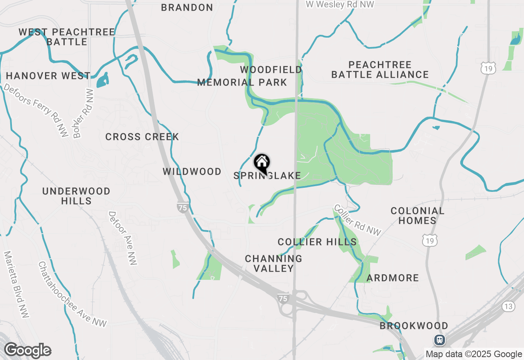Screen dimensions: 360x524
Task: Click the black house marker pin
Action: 262,163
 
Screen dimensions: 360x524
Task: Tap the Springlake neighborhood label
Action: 267,176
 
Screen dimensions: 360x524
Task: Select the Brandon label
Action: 187,7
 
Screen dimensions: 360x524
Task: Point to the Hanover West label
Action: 48,76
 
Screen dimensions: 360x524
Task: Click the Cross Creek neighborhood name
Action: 142,137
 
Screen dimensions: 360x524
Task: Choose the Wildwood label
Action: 192,171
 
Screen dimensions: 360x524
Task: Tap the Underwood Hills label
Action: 77,196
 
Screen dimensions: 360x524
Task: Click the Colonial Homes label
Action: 417,216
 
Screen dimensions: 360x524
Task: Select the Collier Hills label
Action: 317,242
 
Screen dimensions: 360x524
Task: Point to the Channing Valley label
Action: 273,263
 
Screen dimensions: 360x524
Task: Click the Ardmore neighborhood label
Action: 393,278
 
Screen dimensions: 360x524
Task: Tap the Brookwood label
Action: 414,326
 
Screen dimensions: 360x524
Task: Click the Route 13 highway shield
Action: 508,306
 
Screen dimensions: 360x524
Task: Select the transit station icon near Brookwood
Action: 440,340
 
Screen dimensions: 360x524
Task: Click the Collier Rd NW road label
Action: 357,220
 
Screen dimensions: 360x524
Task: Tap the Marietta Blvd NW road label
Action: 14,284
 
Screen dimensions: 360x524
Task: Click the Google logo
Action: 27,351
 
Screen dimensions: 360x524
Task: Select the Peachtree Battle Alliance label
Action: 380,70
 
